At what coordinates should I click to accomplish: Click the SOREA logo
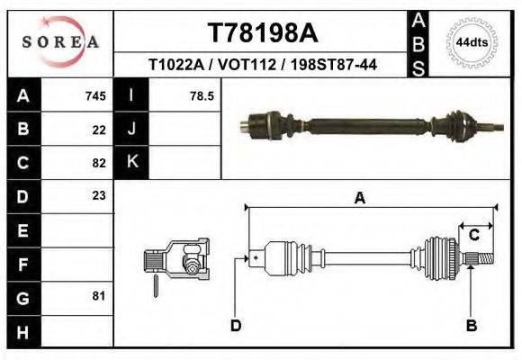60,42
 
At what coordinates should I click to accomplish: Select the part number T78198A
263,33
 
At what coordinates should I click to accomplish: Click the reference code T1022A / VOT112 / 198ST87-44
263,65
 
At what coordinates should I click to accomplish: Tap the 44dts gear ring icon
472,42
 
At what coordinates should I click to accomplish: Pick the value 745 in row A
95,95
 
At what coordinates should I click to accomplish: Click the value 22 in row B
99,129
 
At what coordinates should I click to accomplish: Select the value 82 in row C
99,163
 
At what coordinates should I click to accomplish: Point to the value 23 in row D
99,195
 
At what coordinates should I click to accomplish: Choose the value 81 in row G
99,296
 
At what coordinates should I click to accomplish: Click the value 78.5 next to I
202,95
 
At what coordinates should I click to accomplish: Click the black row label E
22,229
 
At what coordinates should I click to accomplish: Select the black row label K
131,162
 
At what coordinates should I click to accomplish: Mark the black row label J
131,129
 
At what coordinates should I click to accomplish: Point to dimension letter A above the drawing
360,199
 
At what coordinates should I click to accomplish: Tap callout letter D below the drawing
236,325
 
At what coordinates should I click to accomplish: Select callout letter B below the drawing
471,325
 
